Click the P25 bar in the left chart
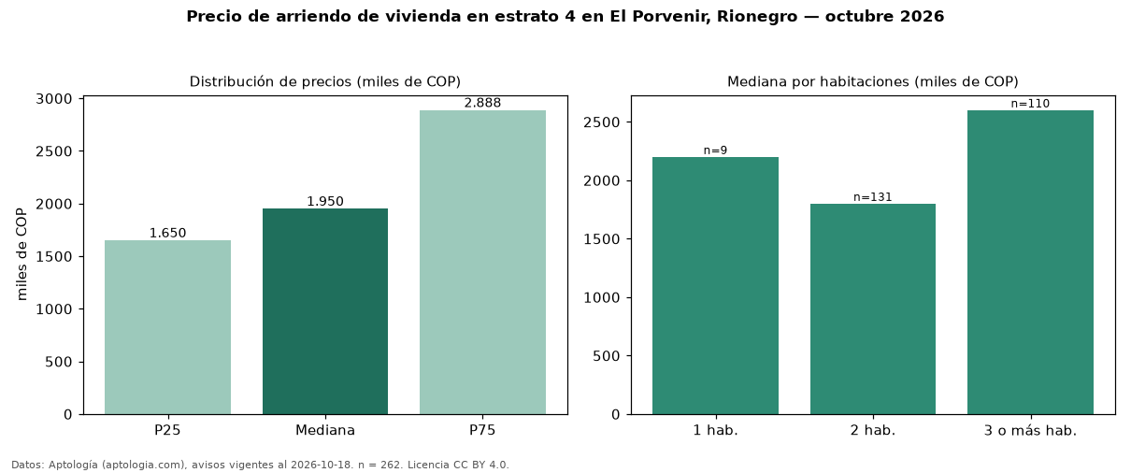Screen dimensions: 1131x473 click(x=167, y=327)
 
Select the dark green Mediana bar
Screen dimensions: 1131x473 click(x=325, y=311)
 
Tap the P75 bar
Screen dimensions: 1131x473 click(x=482, y=263)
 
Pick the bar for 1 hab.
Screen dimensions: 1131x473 click(x=715, y=286)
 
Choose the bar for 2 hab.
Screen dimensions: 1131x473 click(x=873, y=308)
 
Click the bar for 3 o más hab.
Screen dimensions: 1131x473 click(x=1031, y=263)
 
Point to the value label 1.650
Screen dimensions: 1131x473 click(x=167, y=233)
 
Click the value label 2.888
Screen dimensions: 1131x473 click(x=482, y=103)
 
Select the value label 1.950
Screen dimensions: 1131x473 click(x=325, y=201)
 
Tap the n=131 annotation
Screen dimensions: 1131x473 click(x=873, y=197)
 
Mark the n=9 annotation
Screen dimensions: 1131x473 click(x=715, y=150)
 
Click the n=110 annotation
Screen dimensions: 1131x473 click(x=1031, y=104)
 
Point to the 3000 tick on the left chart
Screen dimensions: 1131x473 click(x=54, y=99)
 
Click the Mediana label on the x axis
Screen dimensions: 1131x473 click(x=325, y=430)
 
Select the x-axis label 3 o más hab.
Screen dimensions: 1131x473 click(x=1031, y=431)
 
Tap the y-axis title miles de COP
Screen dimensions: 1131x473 click(x=21, y=254)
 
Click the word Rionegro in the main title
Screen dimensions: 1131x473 click(x=757, y=17)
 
